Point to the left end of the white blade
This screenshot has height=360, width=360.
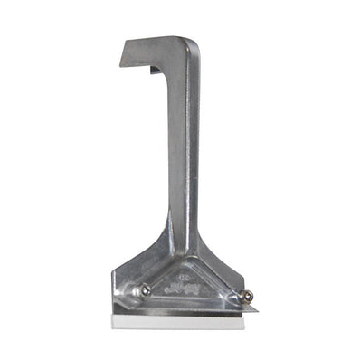click(116, 319)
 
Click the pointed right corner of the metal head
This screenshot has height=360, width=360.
click(256, 308)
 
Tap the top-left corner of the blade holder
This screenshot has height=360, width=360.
click(115, 270)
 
